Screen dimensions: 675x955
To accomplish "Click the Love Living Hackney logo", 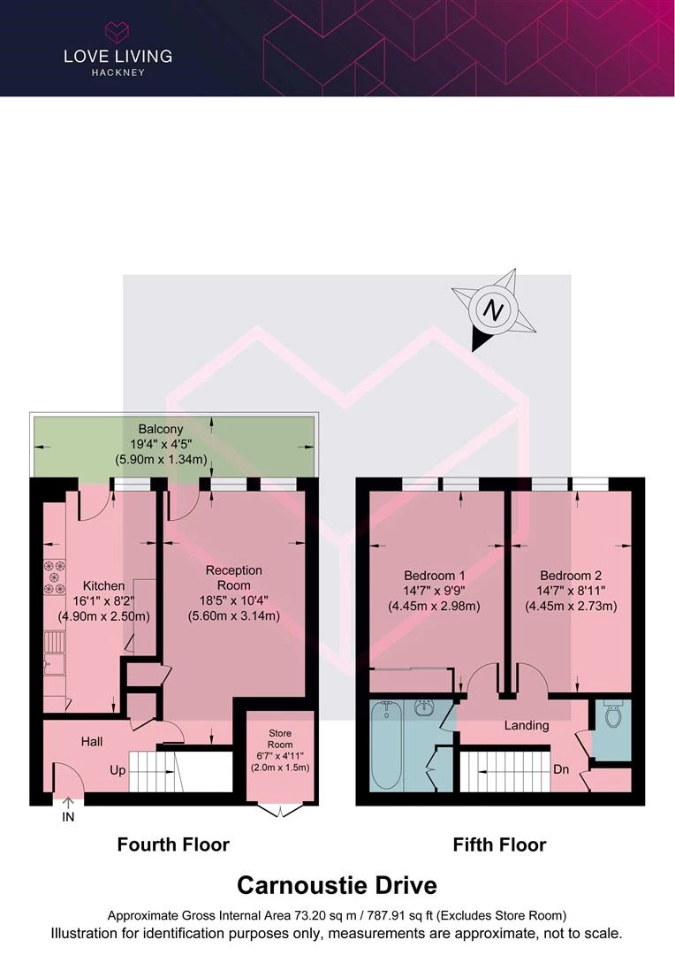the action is pos(118,50).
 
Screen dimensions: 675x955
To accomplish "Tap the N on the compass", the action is pos(493,311).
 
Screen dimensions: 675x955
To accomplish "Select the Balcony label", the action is pos(161,429).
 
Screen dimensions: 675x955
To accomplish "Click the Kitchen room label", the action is pos(103,586).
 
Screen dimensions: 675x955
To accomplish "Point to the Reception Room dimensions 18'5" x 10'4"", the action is pos(234,600).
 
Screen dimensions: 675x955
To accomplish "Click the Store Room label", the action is pos(280,738).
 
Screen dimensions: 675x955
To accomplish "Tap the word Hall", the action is pos(92,741).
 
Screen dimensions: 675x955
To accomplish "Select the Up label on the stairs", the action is pos(118,770).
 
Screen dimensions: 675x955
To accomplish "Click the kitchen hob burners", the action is pos(54,577).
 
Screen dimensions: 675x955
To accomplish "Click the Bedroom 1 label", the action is pos(435,576).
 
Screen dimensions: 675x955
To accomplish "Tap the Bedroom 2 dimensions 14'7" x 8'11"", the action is pos(571,591).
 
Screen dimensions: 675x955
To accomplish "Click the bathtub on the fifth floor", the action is pos(385,745).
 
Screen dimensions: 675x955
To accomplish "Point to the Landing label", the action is pos(527,725).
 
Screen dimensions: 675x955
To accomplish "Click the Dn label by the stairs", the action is pos(561,769).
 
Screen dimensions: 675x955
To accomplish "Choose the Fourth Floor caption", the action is pos(173,844).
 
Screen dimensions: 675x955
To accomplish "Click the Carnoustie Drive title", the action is pos(337,885).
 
